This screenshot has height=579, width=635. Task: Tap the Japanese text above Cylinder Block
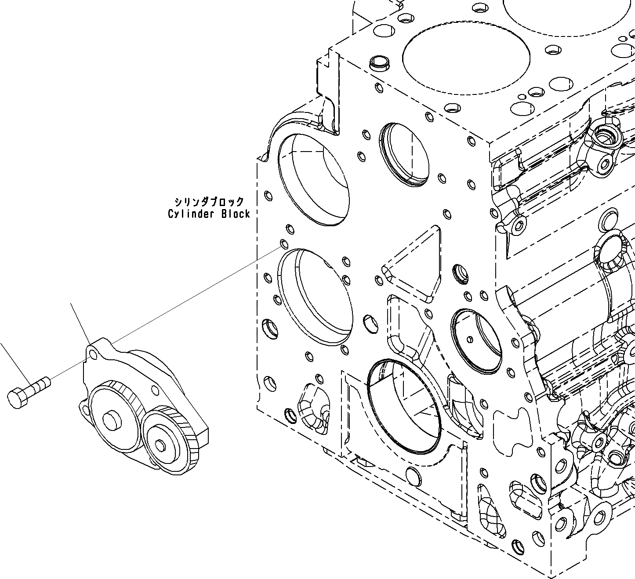209,202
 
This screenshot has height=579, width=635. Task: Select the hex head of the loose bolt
18,398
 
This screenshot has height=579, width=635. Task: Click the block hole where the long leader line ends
284,244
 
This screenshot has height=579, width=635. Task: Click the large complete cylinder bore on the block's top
466,62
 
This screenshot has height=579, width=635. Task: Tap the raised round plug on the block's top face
378,63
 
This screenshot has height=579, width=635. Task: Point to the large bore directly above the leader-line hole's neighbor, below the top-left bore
316,297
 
